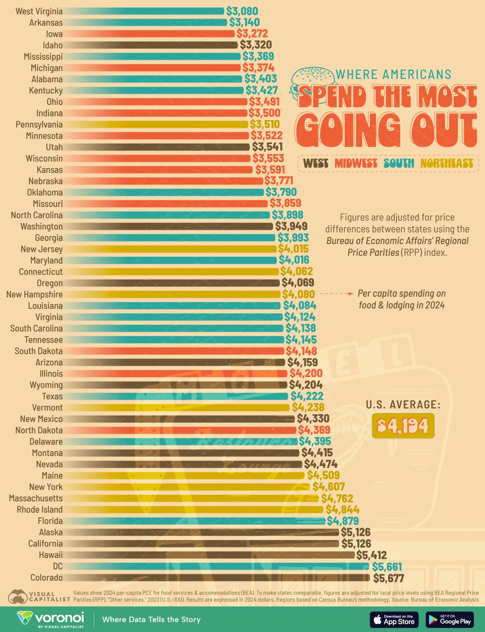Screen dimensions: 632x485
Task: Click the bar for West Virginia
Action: click(143, 11)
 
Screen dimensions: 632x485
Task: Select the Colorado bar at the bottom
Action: click(216, 578)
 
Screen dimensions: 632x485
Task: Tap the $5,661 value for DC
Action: click(387, 566)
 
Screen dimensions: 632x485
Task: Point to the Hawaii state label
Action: click(51, 555)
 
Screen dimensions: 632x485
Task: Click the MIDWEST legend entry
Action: click(356, 163)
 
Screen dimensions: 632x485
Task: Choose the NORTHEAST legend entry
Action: click(447, 163)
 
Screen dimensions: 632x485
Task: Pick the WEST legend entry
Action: click(316, 163)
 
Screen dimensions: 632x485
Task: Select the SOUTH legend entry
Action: click(399, 163)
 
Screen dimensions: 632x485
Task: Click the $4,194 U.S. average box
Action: click(403, 426)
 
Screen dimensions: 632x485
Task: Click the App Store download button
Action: click(394, 619)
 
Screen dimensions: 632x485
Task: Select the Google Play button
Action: click(449, 619)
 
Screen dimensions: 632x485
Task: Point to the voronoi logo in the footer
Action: click(51, 619)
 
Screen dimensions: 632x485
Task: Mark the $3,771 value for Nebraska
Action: click(278, 180)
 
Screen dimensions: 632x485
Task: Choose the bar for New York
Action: click(186, 487)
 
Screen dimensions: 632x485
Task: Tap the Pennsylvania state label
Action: click(39, 125)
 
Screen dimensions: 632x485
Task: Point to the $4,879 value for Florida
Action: click(343, 521)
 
